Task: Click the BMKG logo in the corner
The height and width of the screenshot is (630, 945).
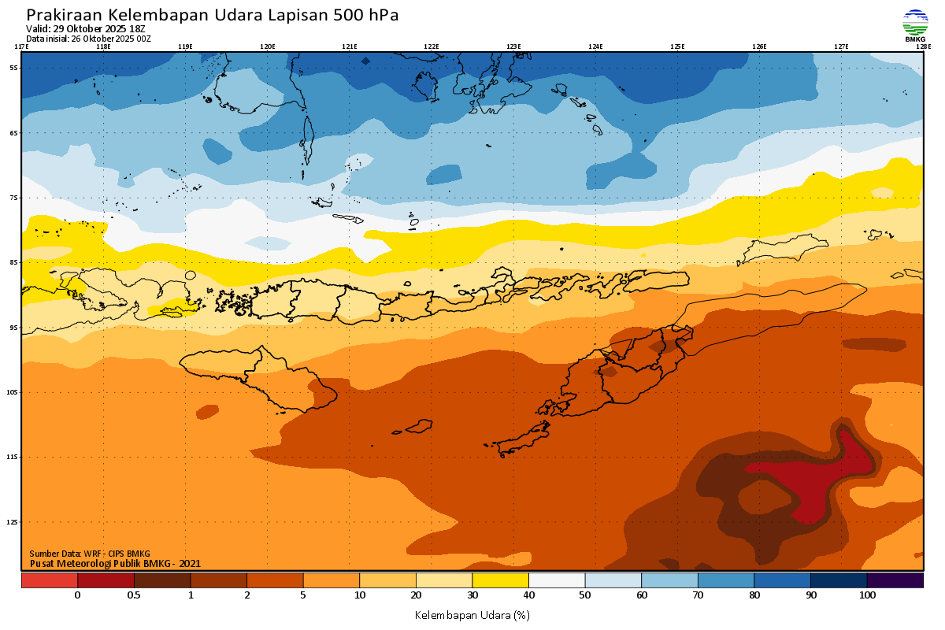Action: coord(914,25)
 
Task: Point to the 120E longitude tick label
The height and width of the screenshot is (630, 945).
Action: coord(268,46)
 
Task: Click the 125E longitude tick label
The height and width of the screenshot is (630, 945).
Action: coord(677,46)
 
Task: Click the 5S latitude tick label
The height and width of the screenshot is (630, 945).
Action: coord(13,68)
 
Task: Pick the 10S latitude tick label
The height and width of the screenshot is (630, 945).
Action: coord(13,392)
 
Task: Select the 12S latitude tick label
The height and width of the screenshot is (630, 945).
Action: coord(13,522)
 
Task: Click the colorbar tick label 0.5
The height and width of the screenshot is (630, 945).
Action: coord(134,595)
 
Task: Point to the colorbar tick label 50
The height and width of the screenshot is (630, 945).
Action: coord(585,595)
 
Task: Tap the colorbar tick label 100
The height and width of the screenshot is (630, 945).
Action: coord(867,595)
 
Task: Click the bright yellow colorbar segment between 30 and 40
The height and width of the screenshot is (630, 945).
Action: coord(500,580)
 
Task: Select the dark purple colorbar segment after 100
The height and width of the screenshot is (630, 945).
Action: coord(895,580)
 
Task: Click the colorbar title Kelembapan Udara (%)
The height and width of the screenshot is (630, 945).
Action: coord(472,614)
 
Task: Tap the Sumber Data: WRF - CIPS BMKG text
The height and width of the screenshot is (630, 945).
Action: coord(90,554)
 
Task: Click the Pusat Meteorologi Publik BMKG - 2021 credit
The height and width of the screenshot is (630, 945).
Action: coord(116,563)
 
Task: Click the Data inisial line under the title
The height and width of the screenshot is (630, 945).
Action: coord(88,38)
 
